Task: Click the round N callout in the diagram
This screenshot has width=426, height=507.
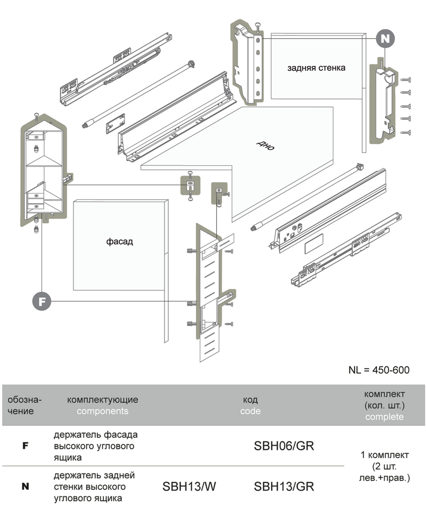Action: point(385,38)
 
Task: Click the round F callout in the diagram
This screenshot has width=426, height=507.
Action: point(42,301)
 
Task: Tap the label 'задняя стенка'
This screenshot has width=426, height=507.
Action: point(316,68)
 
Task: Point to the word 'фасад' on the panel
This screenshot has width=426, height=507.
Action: point(119,242)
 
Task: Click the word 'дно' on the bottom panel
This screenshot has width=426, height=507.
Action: point(265,146)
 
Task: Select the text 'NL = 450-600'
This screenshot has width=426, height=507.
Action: point(379,370)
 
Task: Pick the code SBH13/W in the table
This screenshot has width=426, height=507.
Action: point(189,486)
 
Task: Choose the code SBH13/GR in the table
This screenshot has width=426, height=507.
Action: point(284,486)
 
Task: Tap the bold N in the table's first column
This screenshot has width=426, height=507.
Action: point(24,486)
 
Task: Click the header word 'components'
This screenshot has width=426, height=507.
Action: point(102,411)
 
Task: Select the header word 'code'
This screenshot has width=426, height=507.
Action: point(250,411)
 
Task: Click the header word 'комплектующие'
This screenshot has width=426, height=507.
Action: point(103,399)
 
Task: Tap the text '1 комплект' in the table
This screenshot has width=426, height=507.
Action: point(384,455)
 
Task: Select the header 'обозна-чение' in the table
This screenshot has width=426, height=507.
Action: point(24,405)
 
